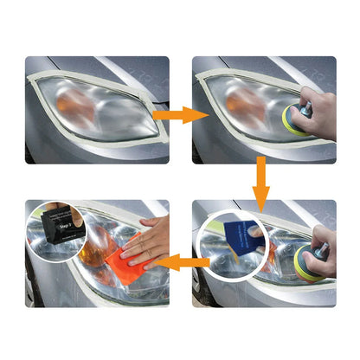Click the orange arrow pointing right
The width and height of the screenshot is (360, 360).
pos(180,114)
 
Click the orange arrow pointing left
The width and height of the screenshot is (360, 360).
pos(183,262)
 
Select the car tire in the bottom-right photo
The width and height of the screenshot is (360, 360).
pos(201,290)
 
